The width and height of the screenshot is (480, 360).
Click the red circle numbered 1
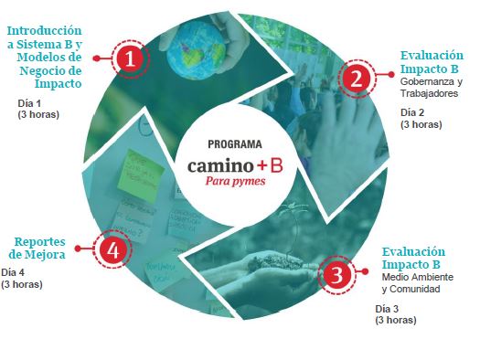pos(130,58)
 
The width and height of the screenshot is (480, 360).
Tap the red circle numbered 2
pos(357,79)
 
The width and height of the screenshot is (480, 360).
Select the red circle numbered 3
pos(336,275)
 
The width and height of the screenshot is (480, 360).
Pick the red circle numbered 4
pos(112,249)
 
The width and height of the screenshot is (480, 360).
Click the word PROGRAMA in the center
pos(235,144)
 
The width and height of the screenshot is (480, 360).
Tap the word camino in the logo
pos(220,165)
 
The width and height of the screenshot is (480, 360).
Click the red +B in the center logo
pos(270,165)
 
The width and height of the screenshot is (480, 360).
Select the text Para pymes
pos(235,182)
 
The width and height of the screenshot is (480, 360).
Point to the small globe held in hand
pos(197,50)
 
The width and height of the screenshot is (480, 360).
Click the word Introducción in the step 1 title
pos(45,31)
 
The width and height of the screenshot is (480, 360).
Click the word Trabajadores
pos(429,93)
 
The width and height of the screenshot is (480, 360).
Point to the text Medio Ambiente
pos(418,277)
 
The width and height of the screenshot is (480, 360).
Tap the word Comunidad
pos(415,289)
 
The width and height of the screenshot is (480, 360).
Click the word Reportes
pos(40,242)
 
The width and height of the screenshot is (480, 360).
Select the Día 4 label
pos(13,272)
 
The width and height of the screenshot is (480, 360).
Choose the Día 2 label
pos(412,112)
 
